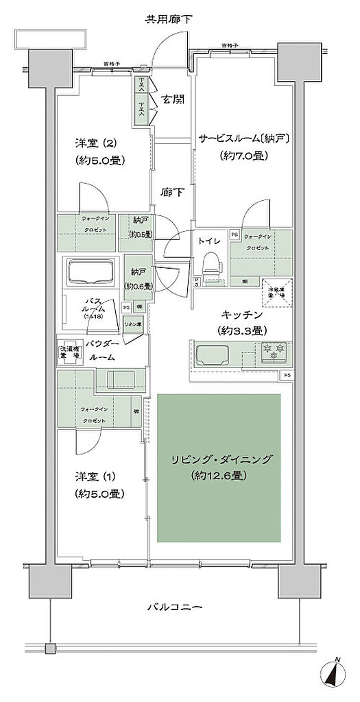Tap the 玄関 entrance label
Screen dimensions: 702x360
(x=172, y=99)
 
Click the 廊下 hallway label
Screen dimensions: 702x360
(x=171, y=193)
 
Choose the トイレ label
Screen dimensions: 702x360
(x=208, y=241)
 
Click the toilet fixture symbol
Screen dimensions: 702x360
(x=212, y=265)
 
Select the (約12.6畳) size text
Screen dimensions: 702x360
(x=219, y=475)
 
